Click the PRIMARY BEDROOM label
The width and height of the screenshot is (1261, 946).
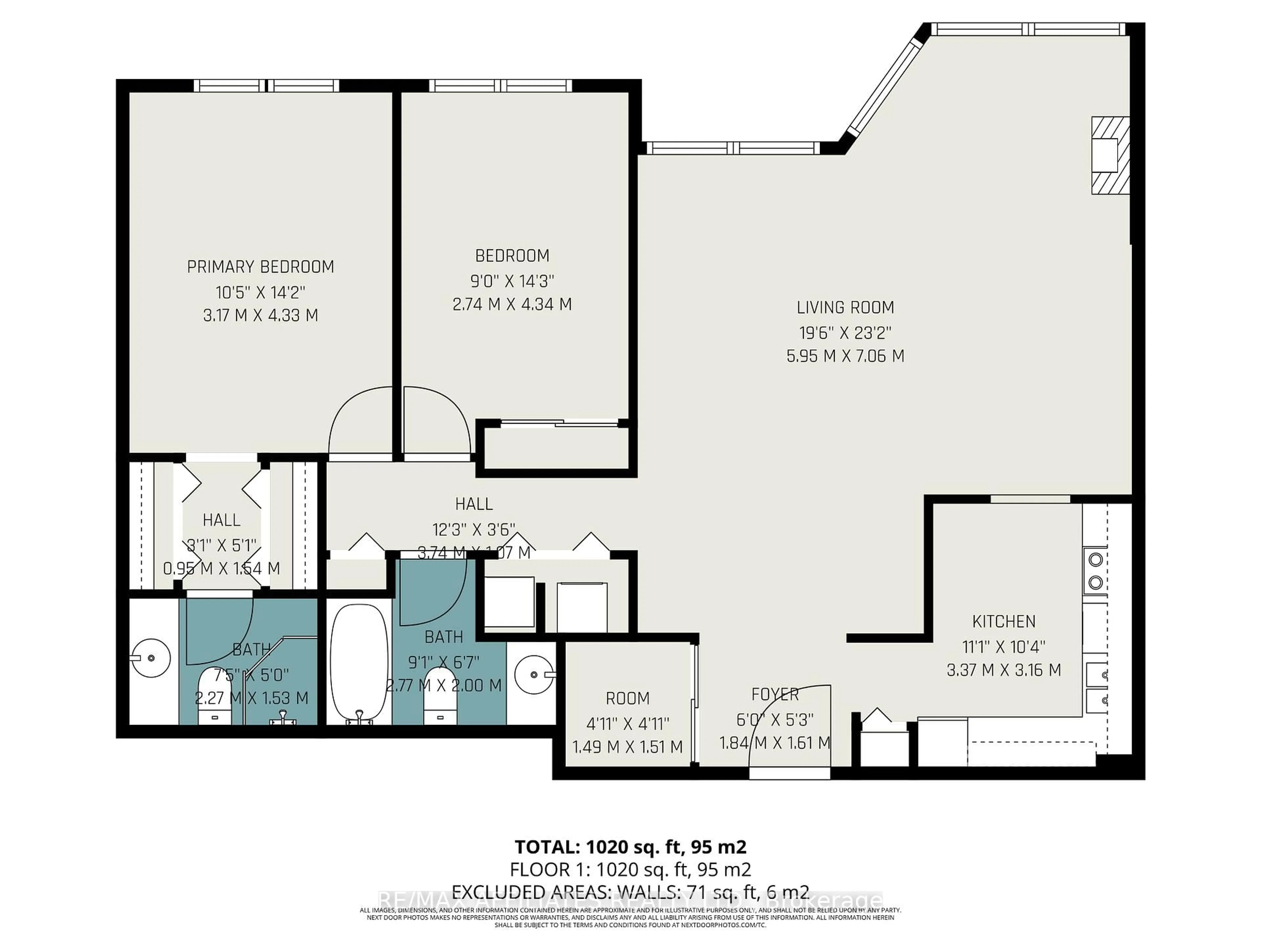pyautogui.click(x=260, y=267)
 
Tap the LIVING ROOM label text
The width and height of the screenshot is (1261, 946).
pyautogui.click(x=845, y=308)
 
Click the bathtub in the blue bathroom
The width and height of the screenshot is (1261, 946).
pyautogui.click(x=359, y=664)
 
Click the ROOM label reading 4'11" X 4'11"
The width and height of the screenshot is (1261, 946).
pyautogui.click(x=627, y=724)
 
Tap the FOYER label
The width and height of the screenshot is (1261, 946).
pyautogui.click(x=775, y=694)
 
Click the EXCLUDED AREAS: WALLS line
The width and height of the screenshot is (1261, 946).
pyautogui.click(x=630, y=891)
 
